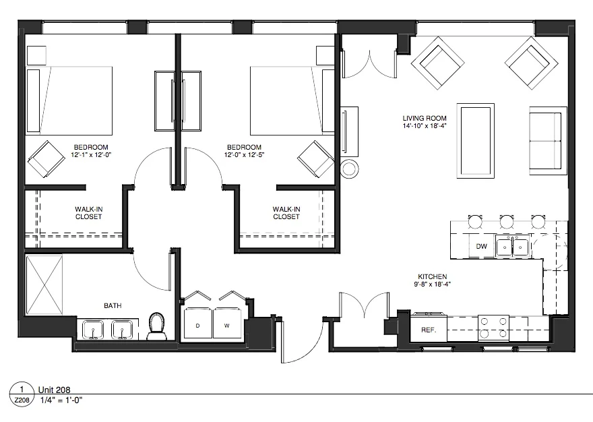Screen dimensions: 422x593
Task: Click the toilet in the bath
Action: (x=156, y=326)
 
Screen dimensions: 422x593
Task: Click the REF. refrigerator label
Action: (x=427, y=330)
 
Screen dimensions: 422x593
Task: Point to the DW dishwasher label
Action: (x=481, y=247)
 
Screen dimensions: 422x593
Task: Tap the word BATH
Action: (x=113, y=305)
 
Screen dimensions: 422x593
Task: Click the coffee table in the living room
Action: (x=475, y=140)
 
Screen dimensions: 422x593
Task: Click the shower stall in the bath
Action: (x=44, y=284)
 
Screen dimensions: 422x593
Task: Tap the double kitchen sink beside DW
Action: (x=513, y=247)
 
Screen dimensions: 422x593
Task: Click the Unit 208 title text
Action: (x=54, y=390)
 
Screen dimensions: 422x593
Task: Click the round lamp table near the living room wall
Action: (x=351, y=169)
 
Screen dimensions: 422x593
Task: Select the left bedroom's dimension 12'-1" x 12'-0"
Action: (x=92, y=155)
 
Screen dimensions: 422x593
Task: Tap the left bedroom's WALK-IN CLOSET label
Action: (x=88, y=213)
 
